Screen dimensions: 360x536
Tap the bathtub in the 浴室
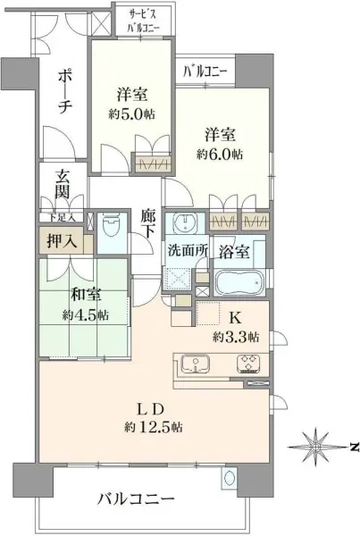point(239,282)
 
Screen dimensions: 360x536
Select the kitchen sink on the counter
point(195,364)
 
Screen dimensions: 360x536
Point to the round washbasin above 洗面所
point(185,222)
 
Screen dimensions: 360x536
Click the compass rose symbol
point(316,447)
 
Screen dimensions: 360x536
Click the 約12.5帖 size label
point(153,427)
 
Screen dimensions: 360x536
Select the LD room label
point(152,409)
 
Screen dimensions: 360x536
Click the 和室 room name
point(86,295)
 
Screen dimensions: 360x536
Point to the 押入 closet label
point(62,242)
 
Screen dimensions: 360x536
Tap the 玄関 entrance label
point(63,185)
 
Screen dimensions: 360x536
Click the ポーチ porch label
point(64,92)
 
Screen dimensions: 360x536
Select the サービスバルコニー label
point(144,21)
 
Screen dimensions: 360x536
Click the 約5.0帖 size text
point(131,114)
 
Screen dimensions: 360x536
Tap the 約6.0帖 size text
point(220,155)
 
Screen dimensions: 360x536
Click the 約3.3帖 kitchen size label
point(236,337)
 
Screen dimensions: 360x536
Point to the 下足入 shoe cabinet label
point(62,217)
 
